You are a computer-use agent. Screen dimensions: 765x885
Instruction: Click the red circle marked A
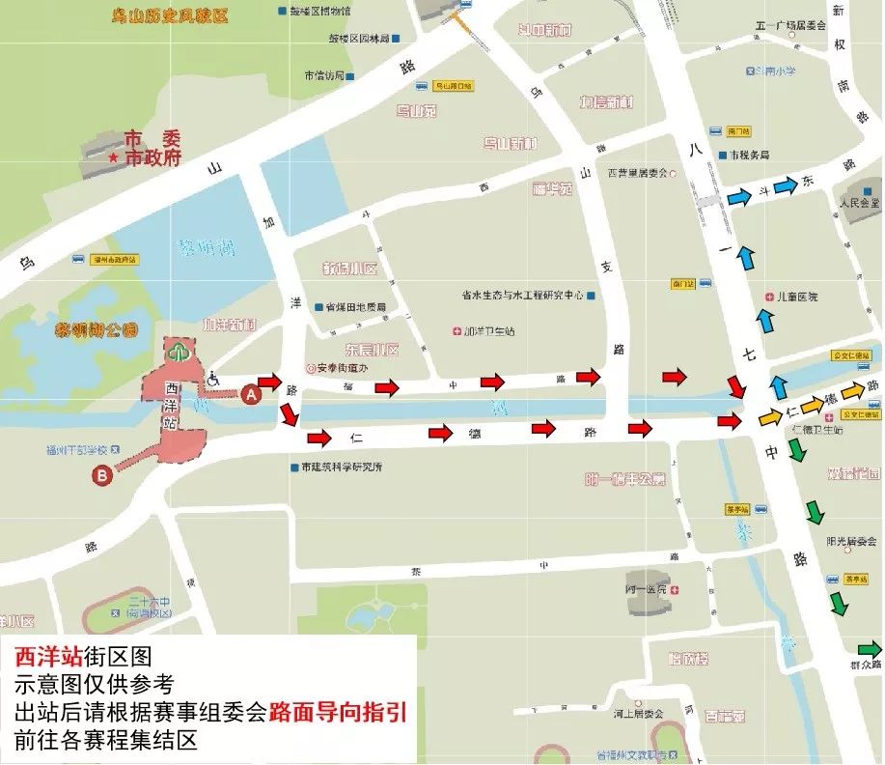coord(251,394)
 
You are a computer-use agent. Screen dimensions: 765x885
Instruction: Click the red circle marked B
coord(103,474)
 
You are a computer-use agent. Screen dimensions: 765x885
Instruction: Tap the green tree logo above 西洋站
coord(176,352)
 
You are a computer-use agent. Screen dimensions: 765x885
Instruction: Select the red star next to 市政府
coord(115,158)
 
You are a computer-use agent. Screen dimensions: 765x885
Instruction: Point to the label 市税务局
coord(750,155)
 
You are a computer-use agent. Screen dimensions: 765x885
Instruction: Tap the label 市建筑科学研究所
coord(342,467)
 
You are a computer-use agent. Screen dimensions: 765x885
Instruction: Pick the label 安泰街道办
coord(345,368)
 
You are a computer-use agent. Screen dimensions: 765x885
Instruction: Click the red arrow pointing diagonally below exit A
coord(288,416)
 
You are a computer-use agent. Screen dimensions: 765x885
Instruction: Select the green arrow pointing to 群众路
coord(870,648)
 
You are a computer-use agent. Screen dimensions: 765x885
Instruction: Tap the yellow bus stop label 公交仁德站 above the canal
coord(851,355)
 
